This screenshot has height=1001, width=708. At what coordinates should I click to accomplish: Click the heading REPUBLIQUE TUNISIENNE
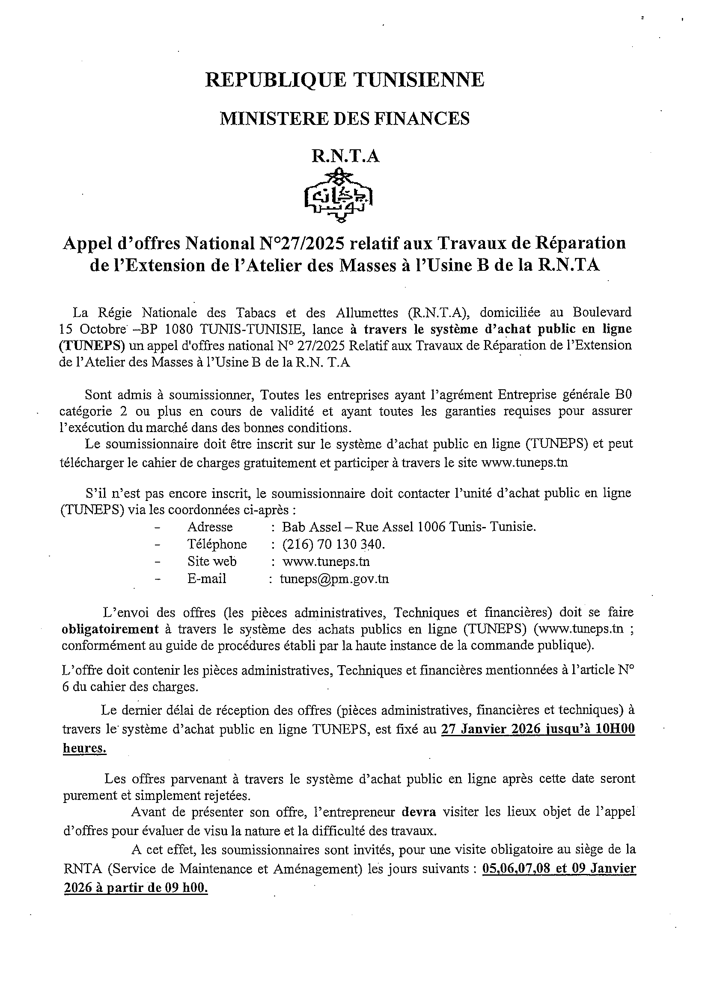click(x=345, y=80)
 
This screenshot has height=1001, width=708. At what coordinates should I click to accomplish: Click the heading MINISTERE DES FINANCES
click(x=345, y=118)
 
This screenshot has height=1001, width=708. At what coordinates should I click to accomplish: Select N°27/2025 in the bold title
click(x=301, y=243)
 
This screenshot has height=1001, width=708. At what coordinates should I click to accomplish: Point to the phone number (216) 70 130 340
click(x=334, y=544)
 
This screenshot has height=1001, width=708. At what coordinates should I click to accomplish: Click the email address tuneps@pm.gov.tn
click(x=334, y=578)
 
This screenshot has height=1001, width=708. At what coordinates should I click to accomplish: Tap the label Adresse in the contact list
click(x=210, y=527)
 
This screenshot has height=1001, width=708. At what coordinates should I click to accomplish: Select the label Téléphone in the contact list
click(x=217, y=544)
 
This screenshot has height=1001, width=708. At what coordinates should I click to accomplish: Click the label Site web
click(x=212, y=561)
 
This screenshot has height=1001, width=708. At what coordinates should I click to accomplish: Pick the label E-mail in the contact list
click(x=207, y=578)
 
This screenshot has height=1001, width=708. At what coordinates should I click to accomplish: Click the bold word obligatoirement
click(x=110, y=629)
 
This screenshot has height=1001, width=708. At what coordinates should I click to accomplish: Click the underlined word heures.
click(x=85, y=748)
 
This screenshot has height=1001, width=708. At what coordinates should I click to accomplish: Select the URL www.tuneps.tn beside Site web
click(x=326, y=561)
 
